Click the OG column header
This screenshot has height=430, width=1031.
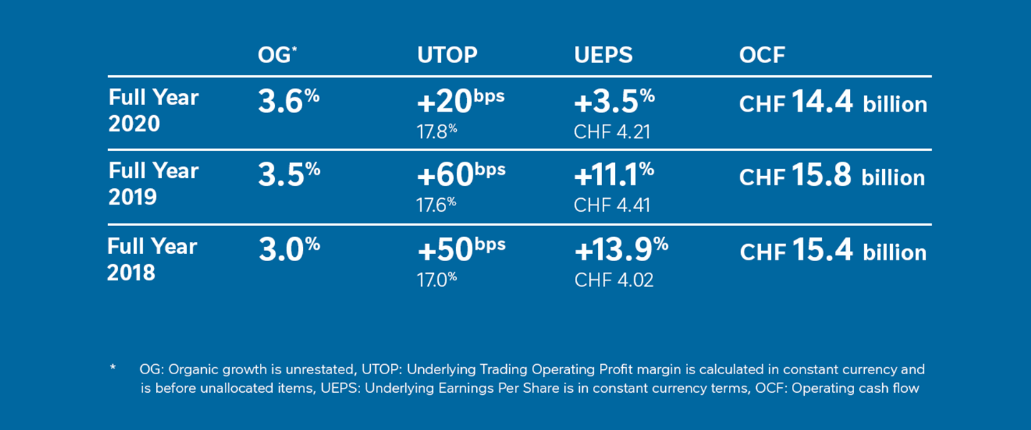click(x=276, y=55)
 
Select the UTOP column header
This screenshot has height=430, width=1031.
click(x=447, y=55)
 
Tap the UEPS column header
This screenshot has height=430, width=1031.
click(x=603, y=55)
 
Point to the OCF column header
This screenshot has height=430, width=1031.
click(x=762, y=55)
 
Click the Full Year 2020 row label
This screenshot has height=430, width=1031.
click(x=153, y=110)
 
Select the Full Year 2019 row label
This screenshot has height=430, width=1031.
click(x=153, y=184)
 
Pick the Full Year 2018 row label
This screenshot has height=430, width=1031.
click(x=152, y=258)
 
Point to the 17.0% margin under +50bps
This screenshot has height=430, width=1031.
click(x=436, y=279)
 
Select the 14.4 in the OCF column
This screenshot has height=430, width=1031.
click(x=822, y=103)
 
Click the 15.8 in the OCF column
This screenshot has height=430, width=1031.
click(x=822, y=177)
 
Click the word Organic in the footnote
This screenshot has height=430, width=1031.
click(x=190, y=370)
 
